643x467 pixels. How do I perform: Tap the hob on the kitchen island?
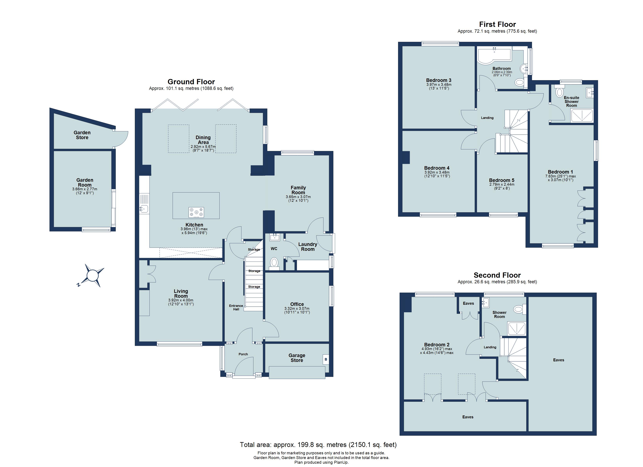[x=196, y=212]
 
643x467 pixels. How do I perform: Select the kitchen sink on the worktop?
[x=144, y=209]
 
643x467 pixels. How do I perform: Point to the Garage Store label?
[x=297, y=358]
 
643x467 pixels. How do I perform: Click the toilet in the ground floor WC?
[x=274, y=262]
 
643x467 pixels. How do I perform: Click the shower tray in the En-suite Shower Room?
[x=582, y=116]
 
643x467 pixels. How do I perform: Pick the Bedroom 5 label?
[x=502, y=180]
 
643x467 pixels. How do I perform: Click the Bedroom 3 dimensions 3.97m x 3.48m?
[x=439, y=84]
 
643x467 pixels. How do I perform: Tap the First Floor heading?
[x=497, y=24]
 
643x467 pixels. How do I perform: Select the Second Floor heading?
[x=497, y=275]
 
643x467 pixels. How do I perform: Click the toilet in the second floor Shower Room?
[x=518, y=309]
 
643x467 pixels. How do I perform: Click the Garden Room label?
[x=85, y=182]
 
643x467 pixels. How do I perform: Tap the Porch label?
[x=243, y=354]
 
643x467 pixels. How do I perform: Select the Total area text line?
[x=318, y=445]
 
